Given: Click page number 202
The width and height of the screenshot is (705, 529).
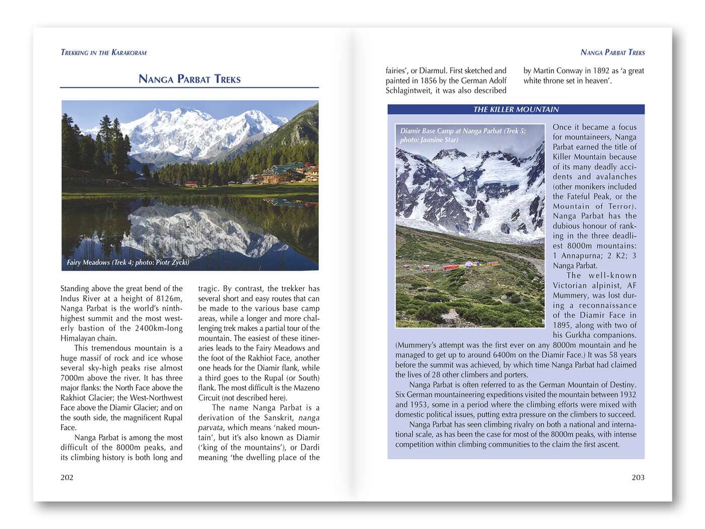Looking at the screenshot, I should [67, 477].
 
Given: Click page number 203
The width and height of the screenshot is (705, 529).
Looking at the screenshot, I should [638, 477].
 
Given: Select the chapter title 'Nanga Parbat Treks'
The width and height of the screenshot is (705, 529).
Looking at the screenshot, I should [189, 79].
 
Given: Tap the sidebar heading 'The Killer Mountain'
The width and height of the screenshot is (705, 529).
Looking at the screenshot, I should [516, 109].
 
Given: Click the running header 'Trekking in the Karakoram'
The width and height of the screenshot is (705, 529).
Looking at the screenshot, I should [103, 52].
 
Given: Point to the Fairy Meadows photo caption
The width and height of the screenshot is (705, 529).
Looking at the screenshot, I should [128, 262].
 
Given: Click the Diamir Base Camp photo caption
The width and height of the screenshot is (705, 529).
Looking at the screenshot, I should [462, 135].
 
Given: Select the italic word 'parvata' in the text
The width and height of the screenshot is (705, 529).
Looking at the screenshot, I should [210, 427].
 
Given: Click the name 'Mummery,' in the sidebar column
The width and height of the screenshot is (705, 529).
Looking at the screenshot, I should [570, 295].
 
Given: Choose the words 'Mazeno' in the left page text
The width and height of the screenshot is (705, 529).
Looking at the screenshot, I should [306, 388].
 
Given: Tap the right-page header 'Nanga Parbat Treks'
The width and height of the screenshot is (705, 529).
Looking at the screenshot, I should [612, 52].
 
